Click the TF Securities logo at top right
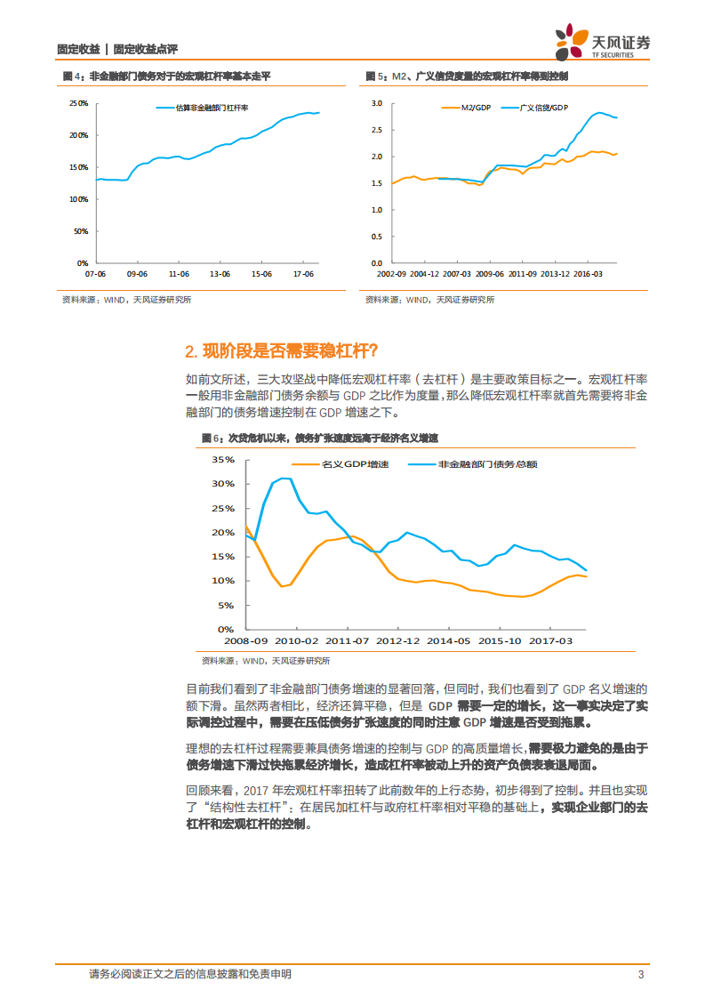pyautogui.click(x=602, y=43)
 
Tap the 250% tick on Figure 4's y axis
pyautogui.click(x=78, y=103)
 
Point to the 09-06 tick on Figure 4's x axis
pyautogui.click(x=137, y=274)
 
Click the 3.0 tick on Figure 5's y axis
pyautogui.click(x=376, y=103)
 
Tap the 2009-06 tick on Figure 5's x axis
pyautogui.click(x=489, y=274)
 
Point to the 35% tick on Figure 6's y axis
pyautogui.click(x=223, y=460)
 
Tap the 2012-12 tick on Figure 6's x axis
pyautogui.click(x=397, y=640)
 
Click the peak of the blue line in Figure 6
pyautogui.click(x=284, y=479)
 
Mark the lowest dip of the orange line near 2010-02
pyautogui.click(x=283, y=586)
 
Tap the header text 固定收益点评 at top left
pyautogui.click(x=151, y=50)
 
